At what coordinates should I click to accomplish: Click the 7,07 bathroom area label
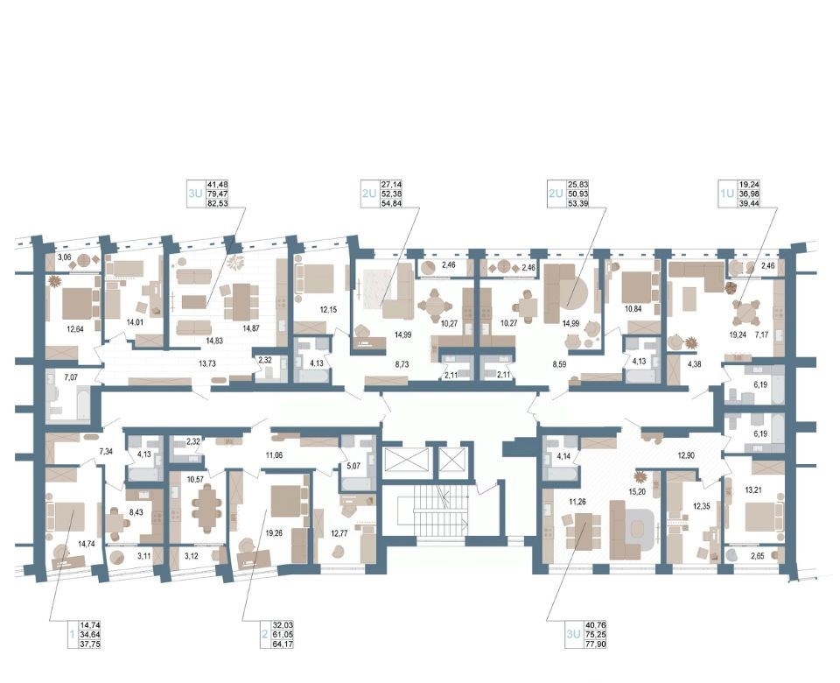tap(71, 377)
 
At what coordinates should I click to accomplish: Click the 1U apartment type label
tap(726, 194)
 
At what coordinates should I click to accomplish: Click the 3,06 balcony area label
tap(64, 257)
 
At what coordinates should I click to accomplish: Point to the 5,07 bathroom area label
tap(353, 466)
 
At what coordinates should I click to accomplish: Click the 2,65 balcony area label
tap(758, 556)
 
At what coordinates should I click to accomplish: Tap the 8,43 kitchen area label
tap(136, 512)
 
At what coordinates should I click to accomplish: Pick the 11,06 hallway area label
tap(274, 455)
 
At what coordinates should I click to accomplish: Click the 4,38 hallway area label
tap(694, 364)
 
